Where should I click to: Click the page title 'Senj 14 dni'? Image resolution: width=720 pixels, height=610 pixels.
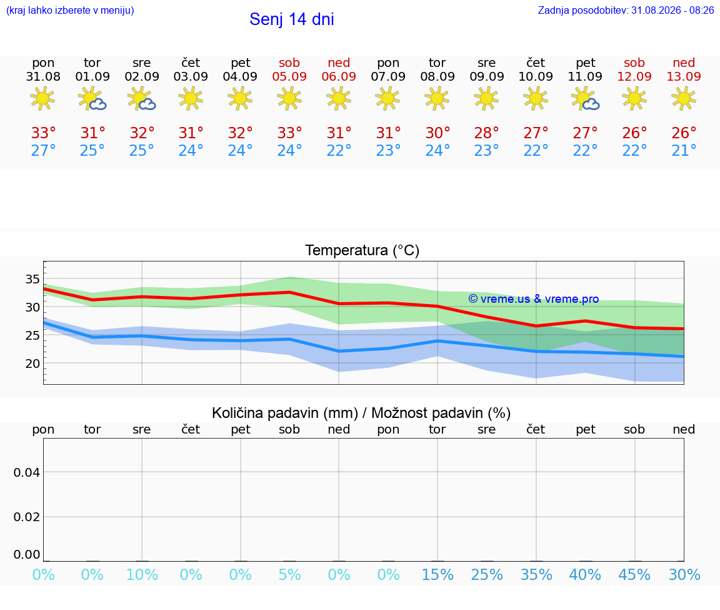coord(292,19)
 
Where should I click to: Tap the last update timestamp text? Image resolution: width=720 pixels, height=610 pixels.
coord(626,10)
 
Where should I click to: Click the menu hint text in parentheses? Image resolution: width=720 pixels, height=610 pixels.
coord(70,10)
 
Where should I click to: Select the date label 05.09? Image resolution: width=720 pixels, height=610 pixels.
coord(289,76)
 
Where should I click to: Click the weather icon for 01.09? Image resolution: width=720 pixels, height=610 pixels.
coord(92,99)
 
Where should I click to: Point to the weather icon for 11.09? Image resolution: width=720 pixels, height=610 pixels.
coord(586,99)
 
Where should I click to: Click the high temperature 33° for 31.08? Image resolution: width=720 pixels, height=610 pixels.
coord(43,133)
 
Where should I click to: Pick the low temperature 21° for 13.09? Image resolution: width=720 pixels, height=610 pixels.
coord(684,150)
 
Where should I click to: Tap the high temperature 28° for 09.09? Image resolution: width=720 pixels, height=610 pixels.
coord(486,133)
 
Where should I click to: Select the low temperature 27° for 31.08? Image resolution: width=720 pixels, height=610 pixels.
coord(43,150)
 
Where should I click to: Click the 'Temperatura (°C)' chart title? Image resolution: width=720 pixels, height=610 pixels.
coord(362,250)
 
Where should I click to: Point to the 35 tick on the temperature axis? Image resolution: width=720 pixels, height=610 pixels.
coord(32,279)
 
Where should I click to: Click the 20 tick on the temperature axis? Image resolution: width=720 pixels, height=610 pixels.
coord(32,363)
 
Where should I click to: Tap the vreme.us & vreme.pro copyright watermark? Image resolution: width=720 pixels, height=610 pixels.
coord(534,299)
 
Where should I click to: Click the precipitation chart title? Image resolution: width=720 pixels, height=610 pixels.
coord(361,413)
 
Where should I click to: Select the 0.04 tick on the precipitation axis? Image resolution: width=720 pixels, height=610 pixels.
coord(27,472)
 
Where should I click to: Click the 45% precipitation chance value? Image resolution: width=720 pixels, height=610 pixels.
coord(634,574)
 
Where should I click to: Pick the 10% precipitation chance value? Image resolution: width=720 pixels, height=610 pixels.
coord(142,574)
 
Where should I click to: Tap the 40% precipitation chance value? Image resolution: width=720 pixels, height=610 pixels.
coord(585,574)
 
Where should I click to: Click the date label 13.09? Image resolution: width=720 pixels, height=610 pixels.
coord(684,76)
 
